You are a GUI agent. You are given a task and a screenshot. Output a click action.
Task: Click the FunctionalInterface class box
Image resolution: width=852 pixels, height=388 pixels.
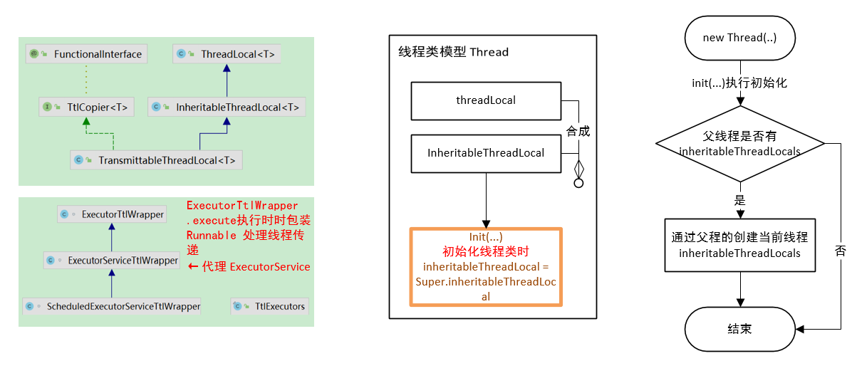[x=85, y=54]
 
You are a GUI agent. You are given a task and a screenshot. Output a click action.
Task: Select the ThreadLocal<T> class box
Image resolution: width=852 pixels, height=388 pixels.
[x=227, y=54]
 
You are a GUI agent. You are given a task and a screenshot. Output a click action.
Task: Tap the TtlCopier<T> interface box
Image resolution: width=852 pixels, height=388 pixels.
[x=85, y=108]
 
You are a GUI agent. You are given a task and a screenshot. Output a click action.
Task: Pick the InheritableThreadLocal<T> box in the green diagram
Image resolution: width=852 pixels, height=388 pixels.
[x=227, y=108]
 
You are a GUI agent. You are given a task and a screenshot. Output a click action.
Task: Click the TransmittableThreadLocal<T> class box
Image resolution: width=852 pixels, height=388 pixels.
[x=157, y=159]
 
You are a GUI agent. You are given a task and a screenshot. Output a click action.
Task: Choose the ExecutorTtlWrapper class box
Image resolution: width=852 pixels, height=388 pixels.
[x=112, y=214]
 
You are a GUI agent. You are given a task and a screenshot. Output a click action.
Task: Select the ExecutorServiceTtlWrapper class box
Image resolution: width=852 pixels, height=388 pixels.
[x=112, y=261]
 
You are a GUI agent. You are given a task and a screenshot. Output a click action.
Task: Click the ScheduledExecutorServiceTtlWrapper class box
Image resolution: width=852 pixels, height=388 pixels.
[x=112, y=307]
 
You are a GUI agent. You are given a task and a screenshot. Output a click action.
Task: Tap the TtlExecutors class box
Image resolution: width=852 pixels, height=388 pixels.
[x=270, y=307]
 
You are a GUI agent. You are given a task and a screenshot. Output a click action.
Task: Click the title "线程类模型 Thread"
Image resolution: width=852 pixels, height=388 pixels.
[x=454, y=52]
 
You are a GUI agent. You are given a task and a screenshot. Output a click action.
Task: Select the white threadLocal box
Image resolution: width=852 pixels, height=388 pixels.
[x=486, y=100]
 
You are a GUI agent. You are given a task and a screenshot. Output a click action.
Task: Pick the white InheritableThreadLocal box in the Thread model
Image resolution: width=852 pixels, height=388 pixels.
[x=486, y=153]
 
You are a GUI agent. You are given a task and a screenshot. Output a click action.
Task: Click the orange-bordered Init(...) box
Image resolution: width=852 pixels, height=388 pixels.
[x=486, y=267]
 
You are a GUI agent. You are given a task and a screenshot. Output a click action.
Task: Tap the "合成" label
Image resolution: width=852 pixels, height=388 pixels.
[x=578, y=131]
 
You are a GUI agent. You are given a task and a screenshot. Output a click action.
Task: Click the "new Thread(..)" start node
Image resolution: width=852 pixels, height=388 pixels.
[x=739, y=38]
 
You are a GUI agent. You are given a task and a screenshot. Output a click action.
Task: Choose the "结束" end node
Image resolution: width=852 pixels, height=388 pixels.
[x=739, y=329]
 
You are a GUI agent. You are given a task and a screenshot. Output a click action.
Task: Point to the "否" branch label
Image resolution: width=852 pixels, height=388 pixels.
[x=841, y=251]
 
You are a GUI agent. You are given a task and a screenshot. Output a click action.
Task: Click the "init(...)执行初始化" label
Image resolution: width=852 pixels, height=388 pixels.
[x=739, y=83]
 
